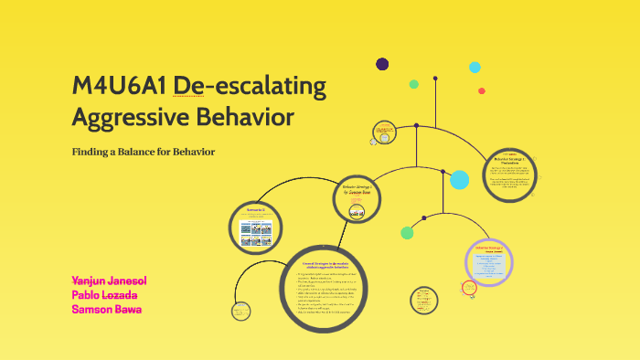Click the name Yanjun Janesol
point(109,280)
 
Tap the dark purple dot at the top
point(382,64)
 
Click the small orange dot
point(481,90)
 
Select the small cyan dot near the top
point(475,67)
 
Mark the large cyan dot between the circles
point(459,179)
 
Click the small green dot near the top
point(413,84)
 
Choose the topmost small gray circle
point(384,132)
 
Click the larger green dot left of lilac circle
point(407,232)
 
